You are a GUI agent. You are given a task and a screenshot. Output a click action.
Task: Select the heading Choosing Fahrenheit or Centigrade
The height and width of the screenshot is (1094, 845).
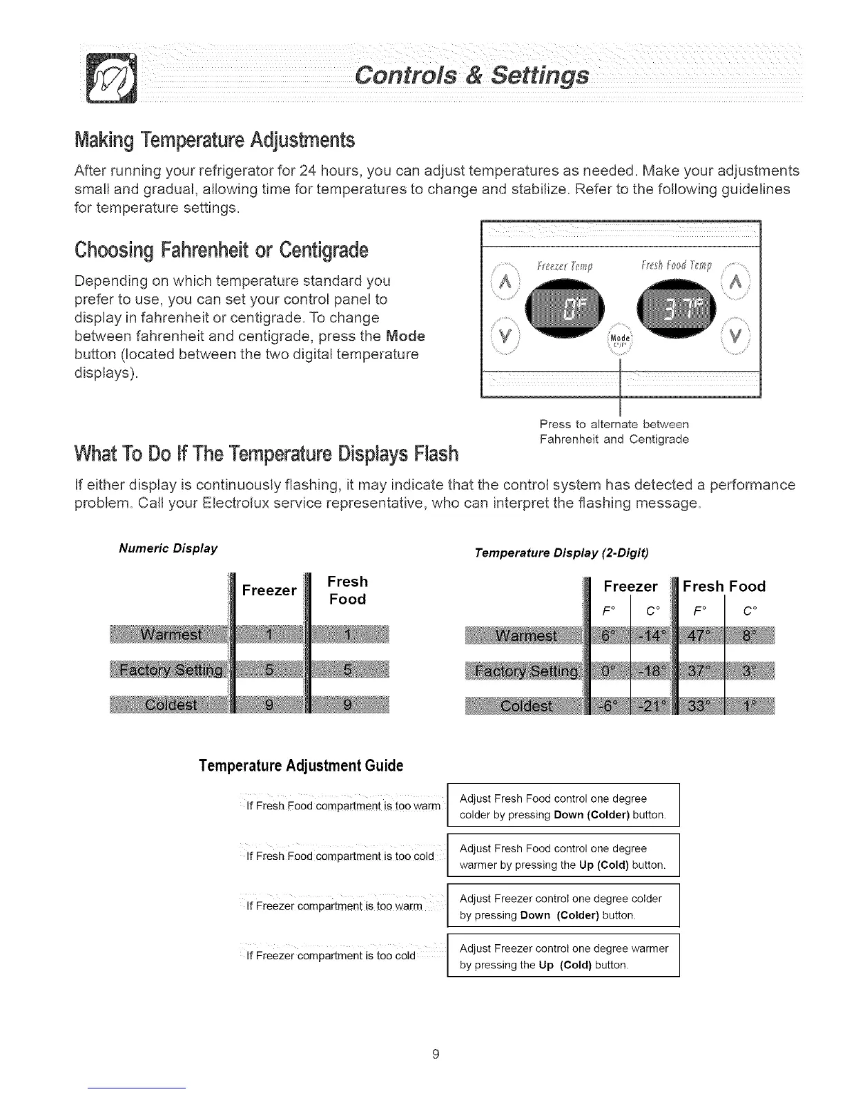pyautogui.click(x=221, y=250)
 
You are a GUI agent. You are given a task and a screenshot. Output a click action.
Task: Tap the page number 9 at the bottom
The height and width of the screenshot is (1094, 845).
pyautogui.click(x=436, y=1054)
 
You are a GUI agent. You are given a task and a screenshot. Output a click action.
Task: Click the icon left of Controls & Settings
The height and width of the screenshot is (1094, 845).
pyautogui.click(x=110, y=76)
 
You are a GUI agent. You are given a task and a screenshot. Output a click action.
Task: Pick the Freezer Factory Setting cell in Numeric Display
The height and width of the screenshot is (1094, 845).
pyautogui.click(x=269, y=669)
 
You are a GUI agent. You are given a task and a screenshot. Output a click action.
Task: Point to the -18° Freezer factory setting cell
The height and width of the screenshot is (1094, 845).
pyautogui.click(x=651, y=671)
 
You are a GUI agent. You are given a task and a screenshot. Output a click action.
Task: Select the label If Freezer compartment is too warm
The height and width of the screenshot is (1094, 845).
pyautogui.click(x=334, y=906)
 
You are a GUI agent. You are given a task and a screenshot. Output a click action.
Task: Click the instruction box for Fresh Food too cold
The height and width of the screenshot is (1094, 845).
pyautogui.click(x=563, y=856)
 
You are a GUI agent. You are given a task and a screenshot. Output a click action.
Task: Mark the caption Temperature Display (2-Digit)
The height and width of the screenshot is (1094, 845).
pyautogui.click(x=561, y=553)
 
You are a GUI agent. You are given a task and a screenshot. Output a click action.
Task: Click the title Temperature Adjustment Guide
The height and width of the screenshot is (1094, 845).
pyautogui.click(x=300, y=766)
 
